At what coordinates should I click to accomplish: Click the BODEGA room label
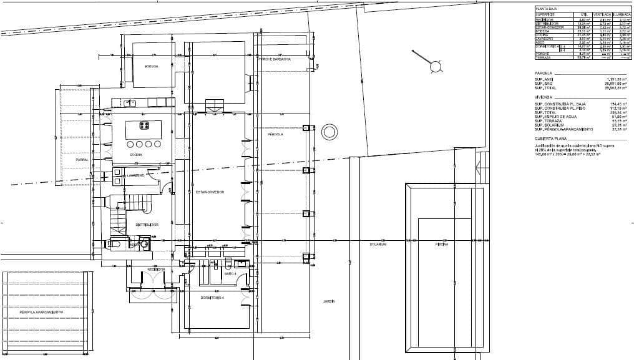151,66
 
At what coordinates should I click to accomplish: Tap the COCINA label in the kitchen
136,154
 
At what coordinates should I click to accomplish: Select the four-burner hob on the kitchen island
145,126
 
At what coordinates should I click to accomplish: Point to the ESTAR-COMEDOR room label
210,192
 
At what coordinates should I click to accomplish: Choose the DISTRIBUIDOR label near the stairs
147,225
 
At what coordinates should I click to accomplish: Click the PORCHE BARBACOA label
274,59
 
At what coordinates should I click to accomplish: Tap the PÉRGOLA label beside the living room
275,134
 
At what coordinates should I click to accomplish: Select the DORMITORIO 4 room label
212,298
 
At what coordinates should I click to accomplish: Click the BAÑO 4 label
230,274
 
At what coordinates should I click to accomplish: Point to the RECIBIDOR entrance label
156,269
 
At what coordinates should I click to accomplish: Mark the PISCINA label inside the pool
442,245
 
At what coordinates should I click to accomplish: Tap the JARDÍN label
329,301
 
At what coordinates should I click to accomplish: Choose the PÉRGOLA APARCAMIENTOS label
41,312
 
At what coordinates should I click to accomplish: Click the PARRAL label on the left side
82,160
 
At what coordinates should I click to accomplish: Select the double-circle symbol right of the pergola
328,132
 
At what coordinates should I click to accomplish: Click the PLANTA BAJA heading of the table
546,8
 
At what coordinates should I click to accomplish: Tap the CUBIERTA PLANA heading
551,138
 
